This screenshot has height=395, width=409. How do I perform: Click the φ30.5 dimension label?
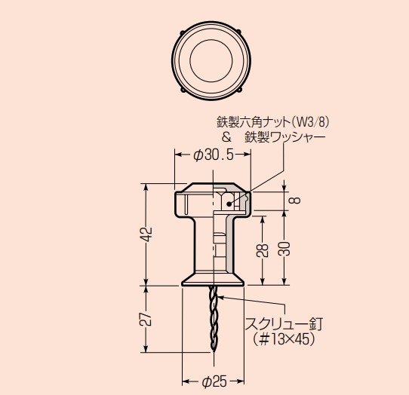214,155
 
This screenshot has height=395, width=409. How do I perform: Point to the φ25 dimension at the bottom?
214,382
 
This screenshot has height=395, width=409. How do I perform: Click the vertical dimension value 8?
294,200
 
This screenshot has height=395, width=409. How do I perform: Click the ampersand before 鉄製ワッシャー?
226,137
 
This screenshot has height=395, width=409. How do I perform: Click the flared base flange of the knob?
213,280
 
